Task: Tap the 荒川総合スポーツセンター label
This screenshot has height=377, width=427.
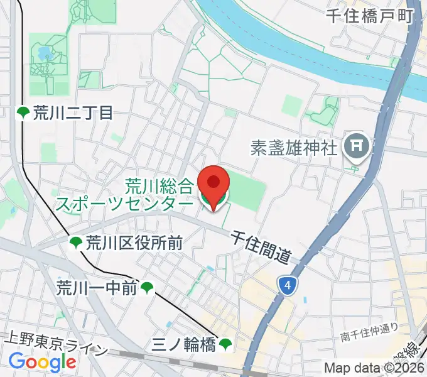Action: [126, 195]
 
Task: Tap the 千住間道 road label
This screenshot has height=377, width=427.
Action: [261, 246]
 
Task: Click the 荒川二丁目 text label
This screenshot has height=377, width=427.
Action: [73, 113]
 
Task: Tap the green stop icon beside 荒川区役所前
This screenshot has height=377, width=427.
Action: [76, 243]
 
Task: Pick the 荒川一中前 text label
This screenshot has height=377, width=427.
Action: [97, 288]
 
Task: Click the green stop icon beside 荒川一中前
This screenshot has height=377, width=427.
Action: [148, 288]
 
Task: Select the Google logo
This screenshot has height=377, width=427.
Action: [42, 362]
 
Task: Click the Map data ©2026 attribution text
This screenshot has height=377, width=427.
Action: [374, 369]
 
